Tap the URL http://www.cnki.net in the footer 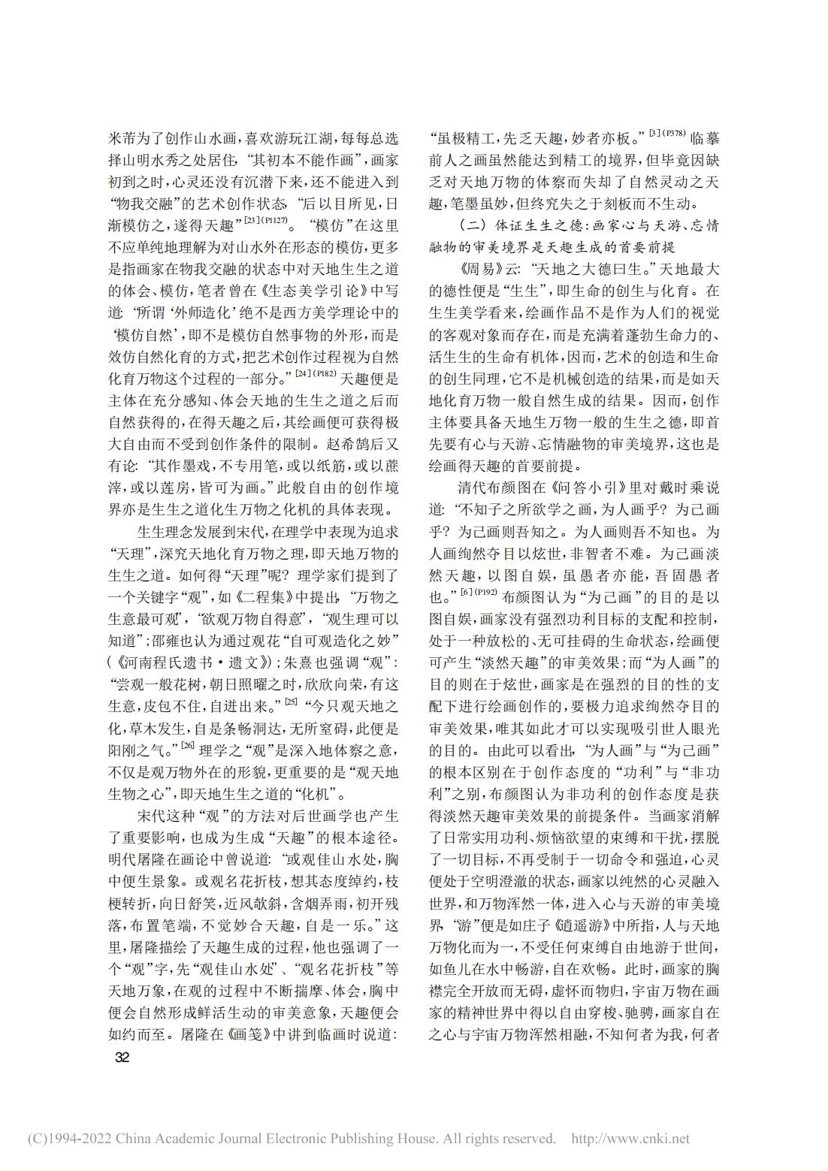coord(630,1139)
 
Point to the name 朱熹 coord(297,662)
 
